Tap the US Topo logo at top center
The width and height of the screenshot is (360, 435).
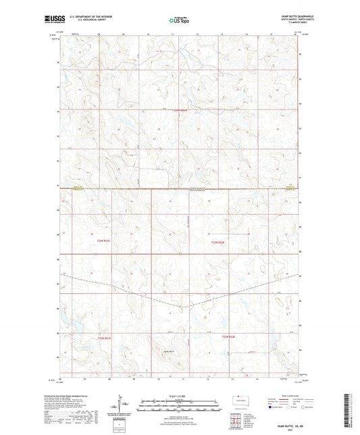tap(179, 20)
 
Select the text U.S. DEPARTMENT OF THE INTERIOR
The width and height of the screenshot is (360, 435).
tap(109, 17)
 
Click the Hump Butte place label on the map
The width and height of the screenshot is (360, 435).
tap(169, 351)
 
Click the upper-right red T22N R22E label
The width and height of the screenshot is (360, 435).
tap(216, 241)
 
